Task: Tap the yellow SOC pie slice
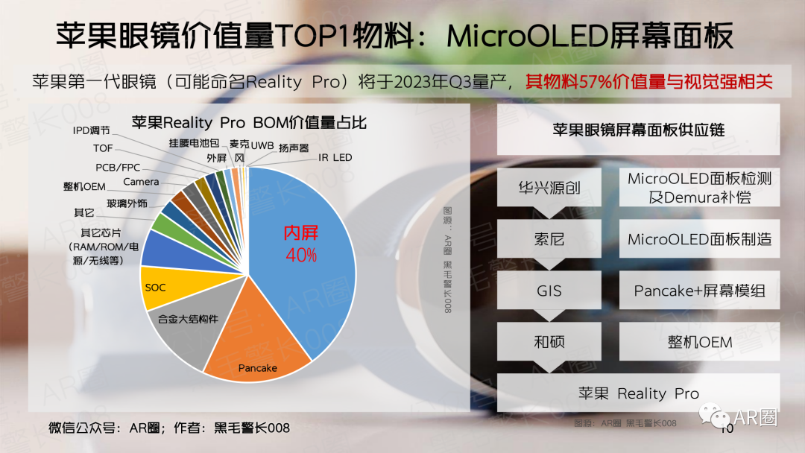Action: click(160, 287)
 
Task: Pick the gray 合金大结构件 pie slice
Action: click(186, 328)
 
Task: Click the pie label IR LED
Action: click(335, 158)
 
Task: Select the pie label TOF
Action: click(103, 149)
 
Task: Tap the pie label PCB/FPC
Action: click(118, 168)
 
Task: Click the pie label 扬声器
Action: click(294, 148)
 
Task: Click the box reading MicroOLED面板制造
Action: click(699, 239)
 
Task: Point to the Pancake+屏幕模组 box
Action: click(699, 291)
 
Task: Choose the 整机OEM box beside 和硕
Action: click(699, 342)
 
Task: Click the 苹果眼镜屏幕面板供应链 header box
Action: click(638, 130)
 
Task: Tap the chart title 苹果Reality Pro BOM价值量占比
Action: click(249, 122)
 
